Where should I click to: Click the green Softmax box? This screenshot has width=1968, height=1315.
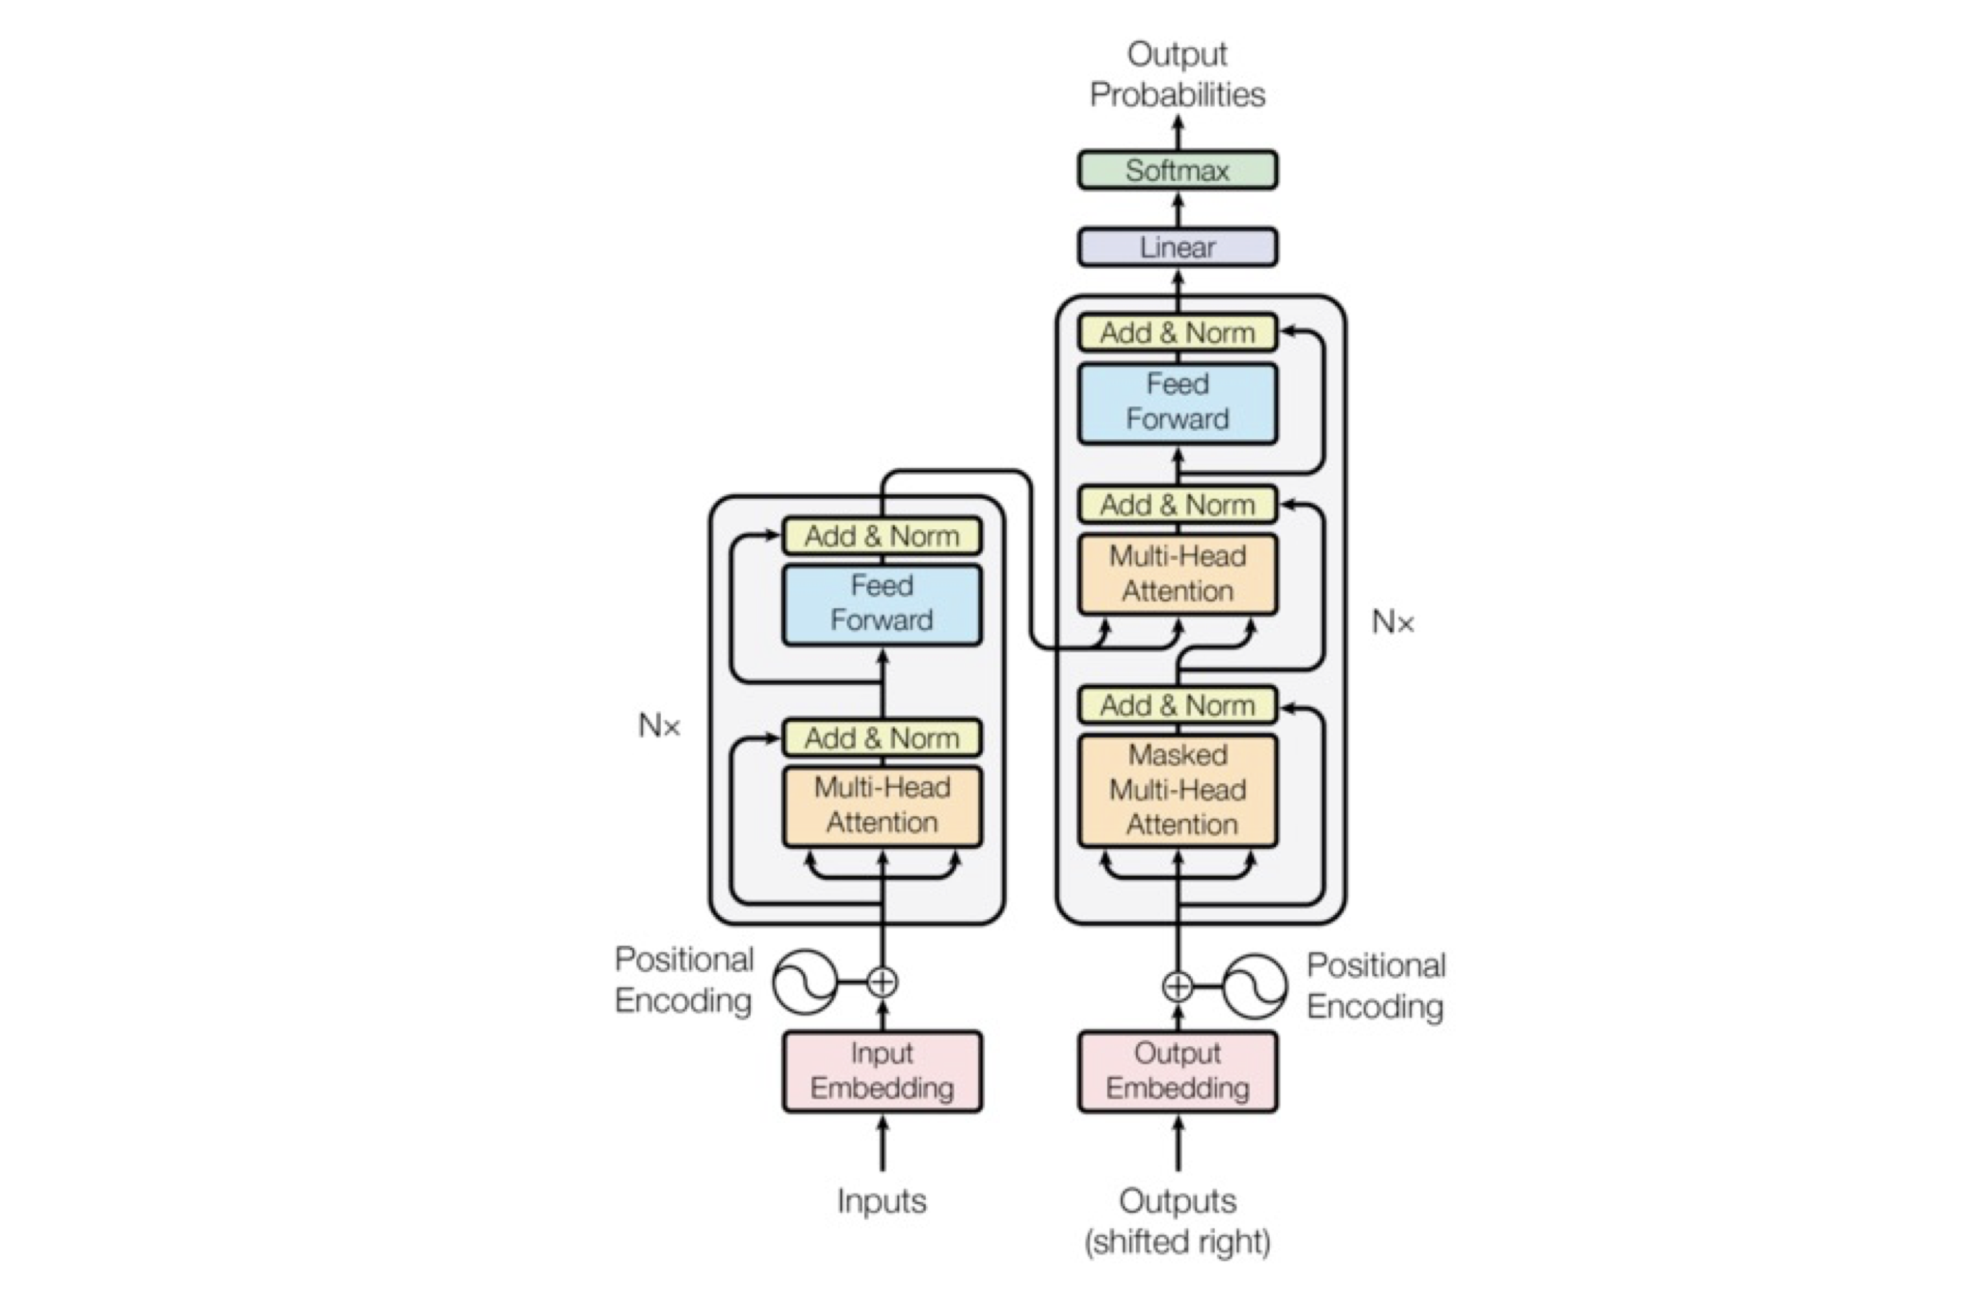click(1177, 170)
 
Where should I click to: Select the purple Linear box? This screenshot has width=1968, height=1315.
click(1177, 247)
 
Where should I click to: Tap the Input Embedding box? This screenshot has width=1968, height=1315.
click(882, 1071)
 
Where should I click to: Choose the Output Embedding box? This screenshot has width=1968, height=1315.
click(1177, 1071)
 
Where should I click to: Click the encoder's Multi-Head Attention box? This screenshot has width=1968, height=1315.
click(882, 805)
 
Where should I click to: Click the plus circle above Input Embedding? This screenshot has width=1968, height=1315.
click(882, 982)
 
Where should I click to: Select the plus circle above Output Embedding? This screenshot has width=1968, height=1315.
click(1177, 987)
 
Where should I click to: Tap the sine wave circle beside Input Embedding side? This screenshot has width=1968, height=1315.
click(804, 982)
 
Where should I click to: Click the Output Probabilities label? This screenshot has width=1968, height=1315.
click(1177, 75)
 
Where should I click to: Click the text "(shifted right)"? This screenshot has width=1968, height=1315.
click(1177, 1241)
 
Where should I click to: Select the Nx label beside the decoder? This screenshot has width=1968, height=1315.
click(1393, 622)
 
